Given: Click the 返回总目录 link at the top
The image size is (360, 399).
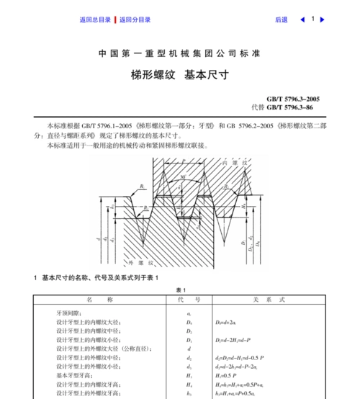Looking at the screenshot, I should pyautogui.click(x=95, y=20).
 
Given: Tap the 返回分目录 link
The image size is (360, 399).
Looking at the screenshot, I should pyautogui.click(x=135, y=20).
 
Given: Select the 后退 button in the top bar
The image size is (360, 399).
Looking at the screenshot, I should pyautogui.click(x=281, y=20).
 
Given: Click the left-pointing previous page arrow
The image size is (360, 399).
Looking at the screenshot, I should pyautogui.click(x=302, y=19).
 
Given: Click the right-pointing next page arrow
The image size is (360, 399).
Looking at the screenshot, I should pyautogui.click(x=323, y=19).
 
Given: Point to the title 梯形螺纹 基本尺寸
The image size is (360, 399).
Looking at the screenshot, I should pyautogui.click(x=179, y=74).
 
